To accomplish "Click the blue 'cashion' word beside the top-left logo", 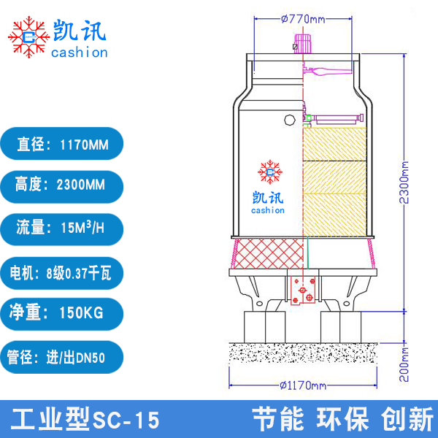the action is coord(80,52).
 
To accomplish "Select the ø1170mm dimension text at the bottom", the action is coord(301,385).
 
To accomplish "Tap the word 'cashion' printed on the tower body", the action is coord(270,210).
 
